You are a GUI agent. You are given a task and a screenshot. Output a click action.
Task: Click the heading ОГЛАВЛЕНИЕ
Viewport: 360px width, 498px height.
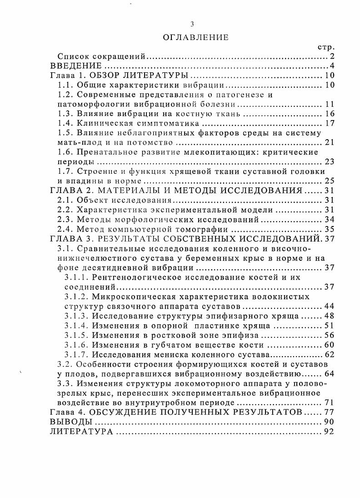point(195,37)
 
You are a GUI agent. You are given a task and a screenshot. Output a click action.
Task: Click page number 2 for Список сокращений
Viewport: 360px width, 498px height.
point(332,56)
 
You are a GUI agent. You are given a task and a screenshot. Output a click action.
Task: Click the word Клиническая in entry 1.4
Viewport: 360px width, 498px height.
point(101,123)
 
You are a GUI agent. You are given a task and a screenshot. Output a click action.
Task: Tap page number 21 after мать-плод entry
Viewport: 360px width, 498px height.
point(330,142)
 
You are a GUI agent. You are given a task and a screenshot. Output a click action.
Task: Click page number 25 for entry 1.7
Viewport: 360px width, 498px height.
point(330,181)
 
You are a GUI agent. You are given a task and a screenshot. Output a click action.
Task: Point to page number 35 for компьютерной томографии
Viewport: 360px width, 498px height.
point(330,229)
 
